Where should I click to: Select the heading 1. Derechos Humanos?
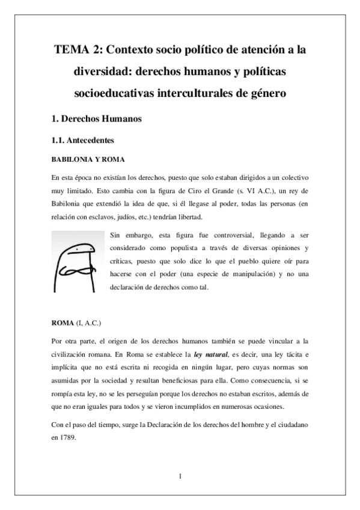(x=96, y=119)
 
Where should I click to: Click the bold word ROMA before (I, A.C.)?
(x=63, y=323)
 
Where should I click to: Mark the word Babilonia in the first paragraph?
(x=69, y=205)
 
